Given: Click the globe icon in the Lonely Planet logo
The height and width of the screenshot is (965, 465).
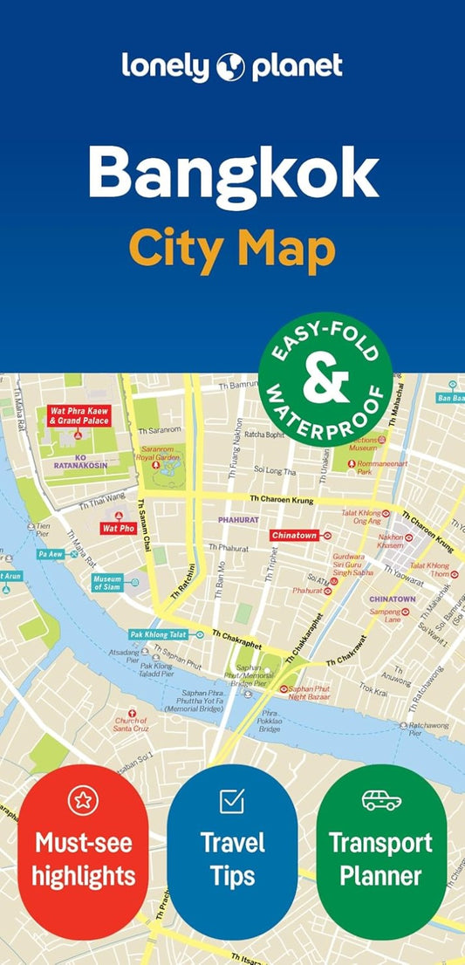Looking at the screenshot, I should pyautogui.click(x=231, y=66).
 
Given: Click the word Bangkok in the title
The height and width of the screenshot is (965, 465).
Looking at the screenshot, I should pyautogui.click(x=232, y=175).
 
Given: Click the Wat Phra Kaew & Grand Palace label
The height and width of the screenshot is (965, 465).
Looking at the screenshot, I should pyautogui.click(x=79, y=415).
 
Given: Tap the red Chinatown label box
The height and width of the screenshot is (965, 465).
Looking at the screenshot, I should pyautogui.click(x=294, y=534).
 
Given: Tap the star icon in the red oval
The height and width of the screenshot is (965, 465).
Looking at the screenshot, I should pyautogui.click(x=83, y=799).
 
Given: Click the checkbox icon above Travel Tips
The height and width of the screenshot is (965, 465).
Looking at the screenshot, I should pyautogui.click(x=232, y=799).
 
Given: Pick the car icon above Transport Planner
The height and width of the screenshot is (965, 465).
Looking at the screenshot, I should pyautogui.click(x=381, y=799).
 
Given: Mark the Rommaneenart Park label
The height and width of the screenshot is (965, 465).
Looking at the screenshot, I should pyautogui.click(x=382, y=468).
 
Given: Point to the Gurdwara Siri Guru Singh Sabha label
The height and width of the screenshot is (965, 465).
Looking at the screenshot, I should pyautogui.click(x=360, y=562).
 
